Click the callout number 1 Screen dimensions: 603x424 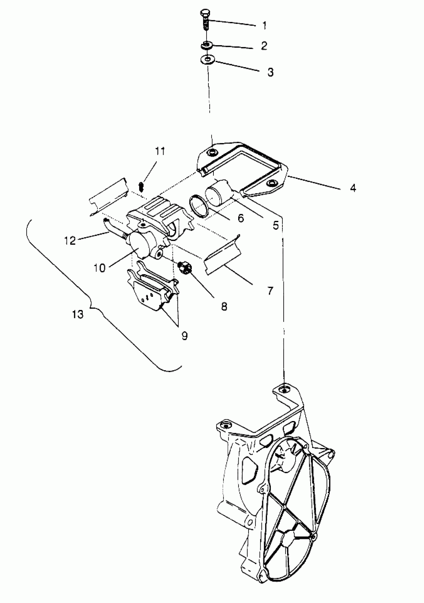[x=264, y=25]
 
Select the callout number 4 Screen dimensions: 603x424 [x=353, y=188]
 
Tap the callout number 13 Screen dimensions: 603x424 [x=78, y=314]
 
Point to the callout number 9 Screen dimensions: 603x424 [x=185, y=336]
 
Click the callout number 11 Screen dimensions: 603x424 [x=160, y=151]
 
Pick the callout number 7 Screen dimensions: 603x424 [x=270, y=291]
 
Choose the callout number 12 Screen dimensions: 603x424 [x=70, y=241]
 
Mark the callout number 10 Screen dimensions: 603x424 [x=100, y=268]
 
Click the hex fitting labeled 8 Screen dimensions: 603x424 [x=185, y=267]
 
